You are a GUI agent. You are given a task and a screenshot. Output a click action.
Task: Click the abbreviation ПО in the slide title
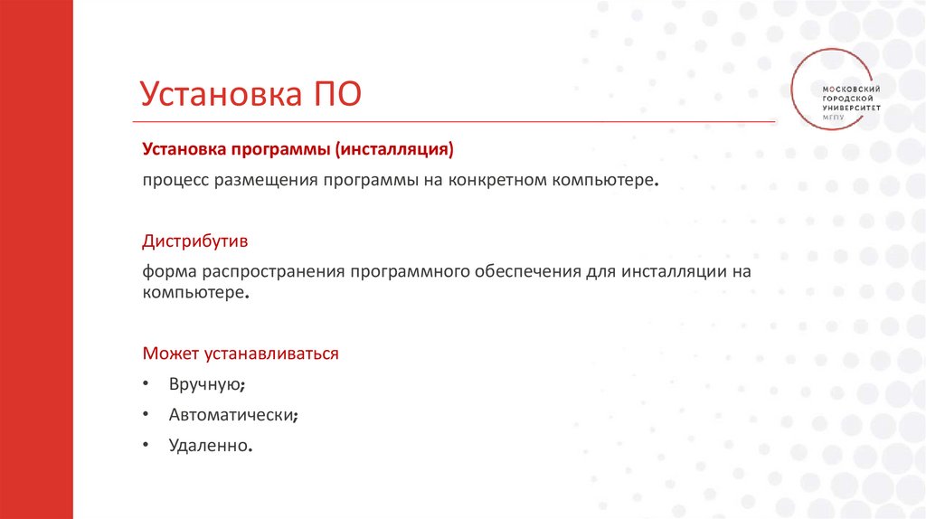pos(337,94)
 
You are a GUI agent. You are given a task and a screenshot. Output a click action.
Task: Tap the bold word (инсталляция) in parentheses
pos(393,147)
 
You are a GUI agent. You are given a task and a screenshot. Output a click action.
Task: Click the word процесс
pos(175,181)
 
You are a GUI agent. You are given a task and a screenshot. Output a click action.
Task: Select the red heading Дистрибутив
pos(194,242)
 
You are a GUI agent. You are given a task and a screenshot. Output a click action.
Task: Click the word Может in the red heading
pos(167,354)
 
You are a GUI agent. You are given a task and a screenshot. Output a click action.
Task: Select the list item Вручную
pos(205,384)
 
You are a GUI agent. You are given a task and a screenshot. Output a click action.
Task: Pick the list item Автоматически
pos(231,415)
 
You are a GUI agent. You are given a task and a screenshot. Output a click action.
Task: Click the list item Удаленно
pos(208,446)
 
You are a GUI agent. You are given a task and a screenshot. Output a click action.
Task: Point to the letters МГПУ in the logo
pos(835,117)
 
